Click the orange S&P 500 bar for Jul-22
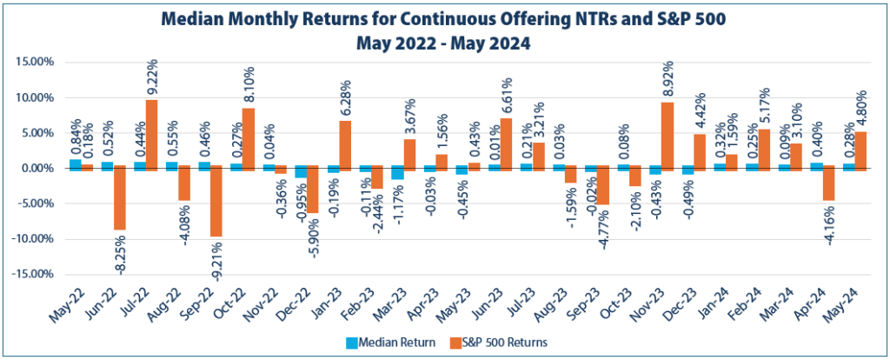(x=151, y=133)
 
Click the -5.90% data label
(x=313, y=235)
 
